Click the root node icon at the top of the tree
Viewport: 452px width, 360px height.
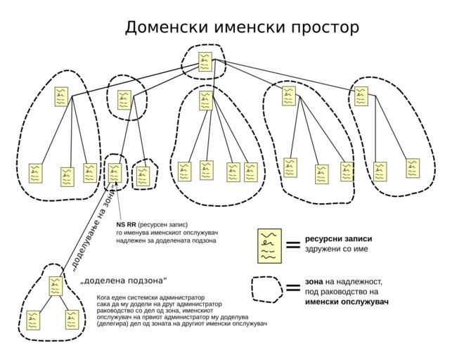point(205,62)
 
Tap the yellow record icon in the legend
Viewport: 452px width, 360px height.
point(269,245)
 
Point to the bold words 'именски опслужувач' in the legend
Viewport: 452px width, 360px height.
point(347,302)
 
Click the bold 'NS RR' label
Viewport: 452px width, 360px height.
point(126,225)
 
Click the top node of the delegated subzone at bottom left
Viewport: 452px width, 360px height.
point(56,285)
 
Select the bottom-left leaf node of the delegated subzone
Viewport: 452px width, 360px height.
point(34,321)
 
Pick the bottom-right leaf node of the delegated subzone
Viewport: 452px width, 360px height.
point(72,320)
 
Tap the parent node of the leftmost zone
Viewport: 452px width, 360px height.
point(62,97)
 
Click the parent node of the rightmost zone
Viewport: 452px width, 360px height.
point(361,96)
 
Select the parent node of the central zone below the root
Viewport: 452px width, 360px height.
point(205,101)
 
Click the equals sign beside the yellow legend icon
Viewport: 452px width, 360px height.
point(292,245)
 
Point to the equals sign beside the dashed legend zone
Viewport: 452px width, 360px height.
point(292,288)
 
